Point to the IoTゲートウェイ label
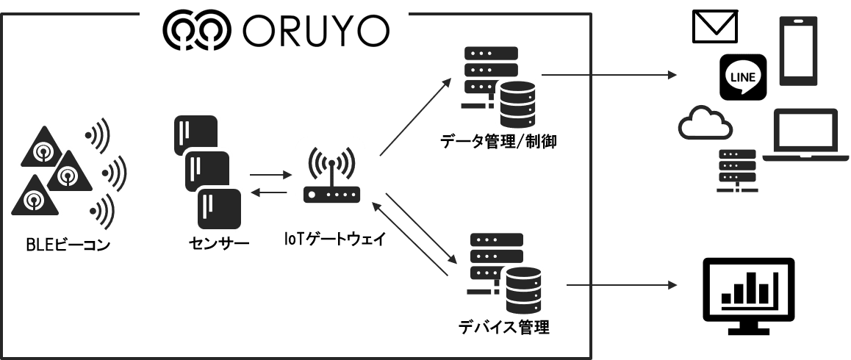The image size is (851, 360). (334, 239)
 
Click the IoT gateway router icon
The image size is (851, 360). (331, 170)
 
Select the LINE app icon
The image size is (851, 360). (743, 77)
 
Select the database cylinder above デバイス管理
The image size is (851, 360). (524, 289)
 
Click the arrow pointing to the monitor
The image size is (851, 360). (622, 284)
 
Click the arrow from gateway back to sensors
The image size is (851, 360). (270, 192)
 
